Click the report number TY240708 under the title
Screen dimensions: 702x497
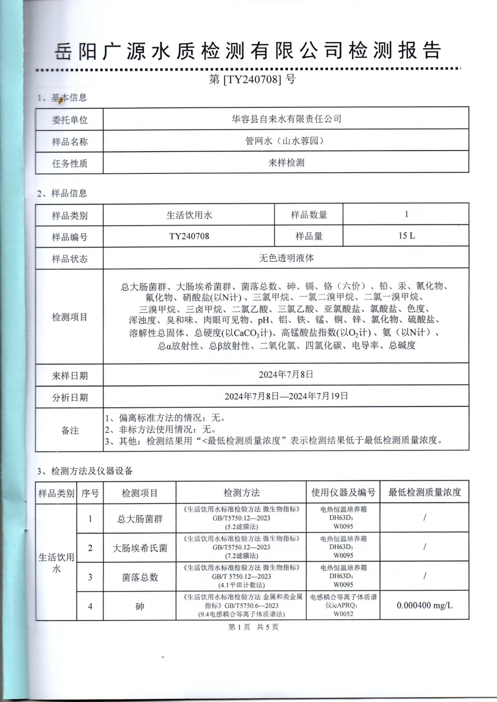(x=252, y=79)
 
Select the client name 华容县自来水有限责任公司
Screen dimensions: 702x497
(x=286, y=119)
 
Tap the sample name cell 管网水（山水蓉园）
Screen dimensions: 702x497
(x=286, y=141)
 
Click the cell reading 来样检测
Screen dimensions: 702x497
(x=286, y=162)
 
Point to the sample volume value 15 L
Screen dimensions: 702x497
(x=406, y=235)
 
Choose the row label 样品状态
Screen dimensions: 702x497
(x=70, y=258)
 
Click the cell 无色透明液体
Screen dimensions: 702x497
(x=286, y=258)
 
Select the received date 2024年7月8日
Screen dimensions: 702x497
(x=286, y=375)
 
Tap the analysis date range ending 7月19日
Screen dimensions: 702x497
(x=286, y=396)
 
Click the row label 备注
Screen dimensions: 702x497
(x=70, y=430)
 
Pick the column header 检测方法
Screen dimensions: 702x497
(x=242, y=492)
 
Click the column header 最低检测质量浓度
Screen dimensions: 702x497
(x=424, y=492)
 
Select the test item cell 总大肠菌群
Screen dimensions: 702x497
(x=140, y=519)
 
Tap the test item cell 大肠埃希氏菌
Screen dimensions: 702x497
(x=140, y=548)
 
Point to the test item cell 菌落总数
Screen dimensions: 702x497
(x=140, y=577)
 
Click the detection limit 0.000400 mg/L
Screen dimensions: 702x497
(x=424, y=606)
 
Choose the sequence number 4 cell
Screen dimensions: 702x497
(x=90, y=606)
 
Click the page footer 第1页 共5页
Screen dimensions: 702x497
(x=253, y=627)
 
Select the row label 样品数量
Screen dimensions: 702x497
(x=309, y=215)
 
